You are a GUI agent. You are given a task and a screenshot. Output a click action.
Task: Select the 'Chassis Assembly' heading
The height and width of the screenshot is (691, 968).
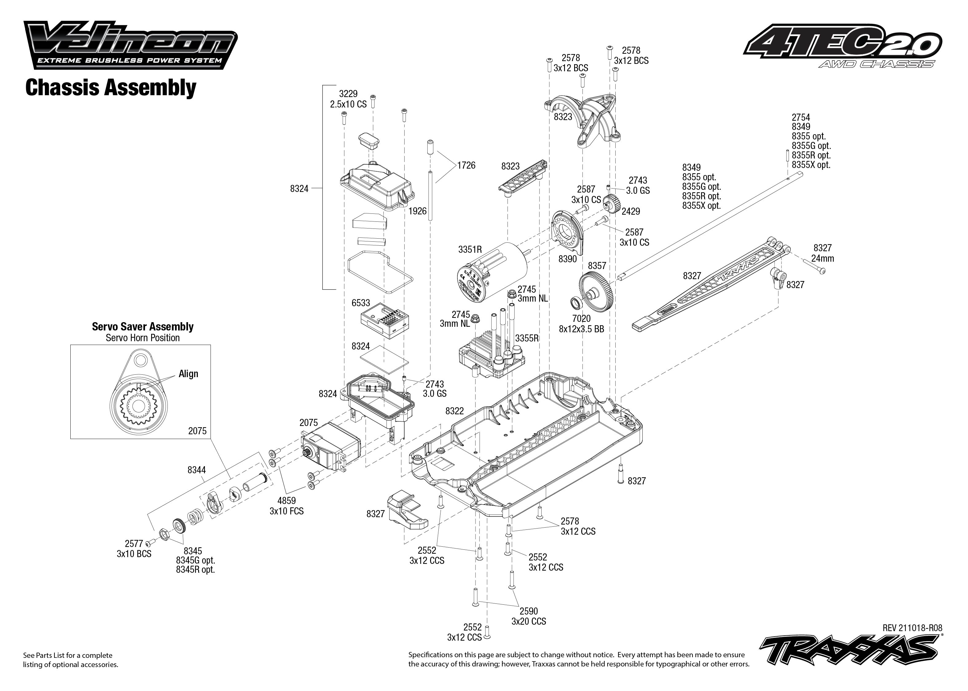[x=111, y=88]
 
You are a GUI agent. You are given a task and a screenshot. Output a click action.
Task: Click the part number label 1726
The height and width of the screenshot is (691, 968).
[x=466, y=165]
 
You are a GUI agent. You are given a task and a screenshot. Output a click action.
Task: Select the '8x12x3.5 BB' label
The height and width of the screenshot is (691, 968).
[x=581, y=329]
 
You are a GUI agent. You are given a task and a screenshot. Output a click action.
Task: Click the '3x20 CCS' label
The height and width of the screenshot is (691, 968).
[x=528, y=621]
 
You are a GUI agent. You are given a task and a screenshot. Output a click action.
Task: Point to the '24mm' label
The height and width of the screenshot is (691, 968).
[x=822, y=258]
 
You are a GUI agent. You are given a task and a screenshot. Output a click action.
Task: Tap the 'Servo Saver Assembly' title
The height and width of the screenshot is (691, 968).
[x=143, y=327]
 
